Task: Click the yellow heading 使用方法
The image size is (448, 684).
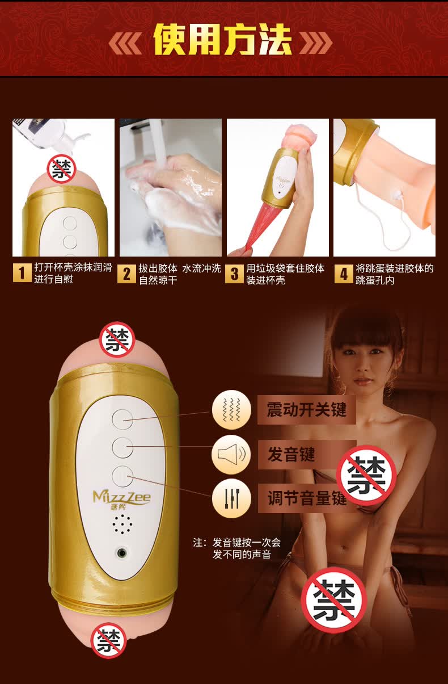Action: coord(222,40)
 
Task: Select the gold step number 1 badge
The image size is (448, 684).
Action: coord(22,273)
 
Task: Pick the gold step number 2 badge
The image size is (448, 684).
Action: coord(126,274)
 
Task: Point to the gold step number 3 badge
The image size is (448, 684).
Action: coord(235,274)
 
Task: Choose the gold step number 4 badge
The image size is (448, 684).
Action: coord(344,274)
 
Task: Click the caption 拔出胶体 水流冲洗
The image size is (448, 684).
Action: coord(180,268)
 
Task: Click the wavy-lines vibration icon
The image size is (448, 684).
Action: coord(231,410)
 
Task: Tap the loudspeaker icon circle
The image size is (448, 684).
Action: coord(231,454)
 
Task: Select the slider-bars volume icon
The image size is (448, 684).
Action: coord(231,498)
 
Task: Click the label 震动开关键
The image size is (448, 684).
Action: coord(306,410)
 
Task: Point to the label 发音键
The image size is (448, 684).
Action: coord(291,454)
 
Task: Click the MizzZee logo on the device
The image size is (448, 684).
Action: coord(121,500)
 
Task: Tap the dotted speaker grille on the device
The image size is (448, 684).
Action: coord(122,524)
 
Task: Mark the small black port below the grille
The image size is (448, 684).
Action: coord(122,553)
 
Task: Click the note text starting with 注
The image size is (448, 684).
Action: coord(236,548)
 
